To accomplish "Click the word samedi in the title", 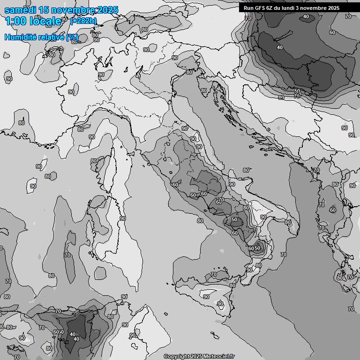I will [20, 10].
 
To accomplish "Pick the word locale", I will [45, 21].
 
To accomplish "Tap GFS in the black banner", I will [260, 7].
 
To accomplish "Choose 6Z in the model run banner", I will [271, 7].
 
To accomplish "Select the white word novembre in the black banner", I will [316, 7].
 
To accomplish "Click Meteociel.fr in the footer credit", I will [220, 356].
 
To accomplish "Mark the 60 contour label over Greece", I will [333, 210].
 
